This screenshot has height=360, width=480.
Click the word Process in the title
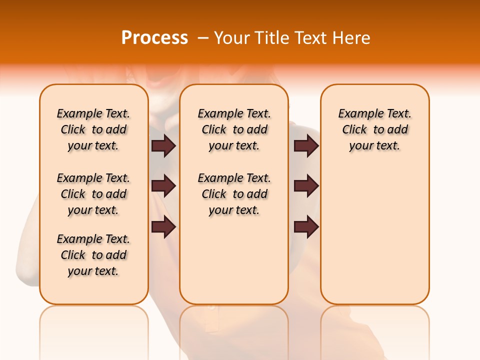click(x=154, y=38)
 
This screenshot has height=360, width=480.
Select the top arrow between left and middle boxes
click(x=163, y=146)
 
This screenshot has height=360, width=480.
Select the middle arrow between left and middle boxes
click(x=163, y=186)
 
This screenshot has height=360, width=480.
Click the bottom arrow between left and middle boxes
click(x=163, y=226)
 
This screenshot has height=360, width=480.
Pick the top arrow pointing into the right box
click(x=306, y=146)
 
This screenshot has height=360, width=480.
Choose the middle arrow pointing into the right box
click(x=306, y=186)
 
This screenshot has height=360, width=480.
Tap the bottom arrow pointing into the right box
click(x=306, y=226)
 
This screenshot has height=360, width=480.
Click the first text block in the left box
click(x=93, y=129)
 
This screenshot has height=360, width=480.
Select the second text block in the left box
click(x=93, y=194)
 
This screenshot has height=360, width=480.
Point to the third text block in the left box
click(x=93, y=255)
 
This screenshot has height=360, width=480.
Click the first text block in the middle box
click(x=234, y=129)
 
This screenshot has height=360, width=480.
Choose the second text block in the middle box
click(x=234, y=194)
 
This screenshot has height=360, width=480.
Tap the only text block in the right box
click(x=374, y=129)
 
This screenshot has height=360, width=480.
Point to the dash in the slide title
click(x=203, y=38)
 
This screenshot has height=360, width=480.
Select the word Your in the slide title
click(x=230, y=38)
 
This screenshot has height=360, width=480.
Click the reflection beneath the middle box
click(x=234, y=325)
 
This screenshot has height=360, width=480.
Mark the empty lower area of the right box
click(x=374, y=240)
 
